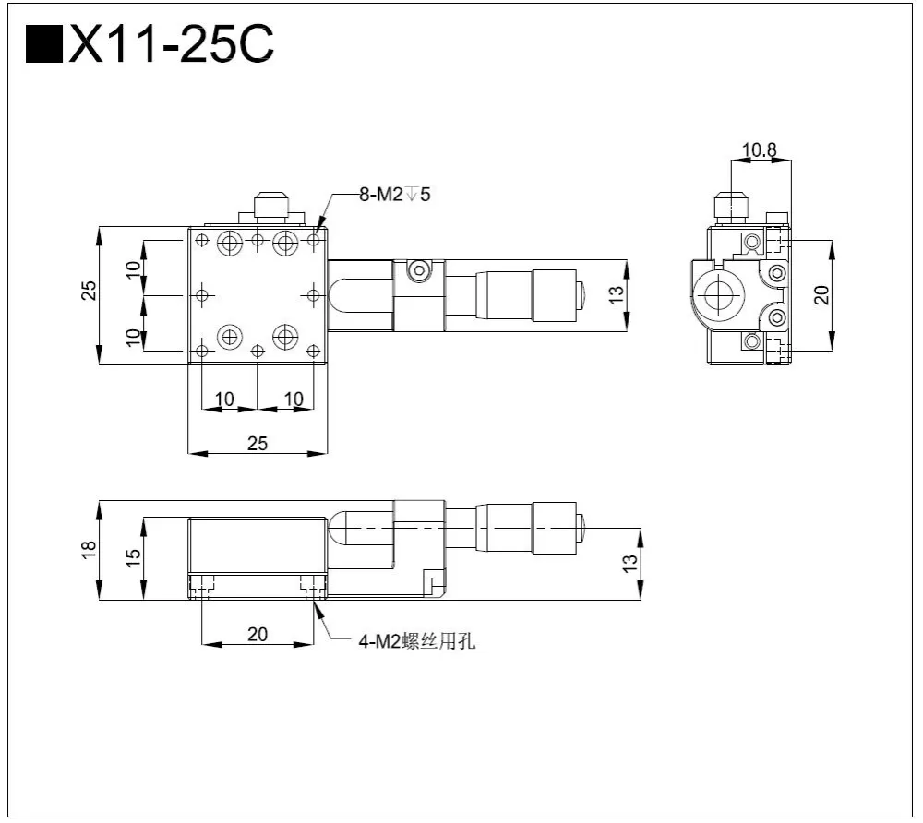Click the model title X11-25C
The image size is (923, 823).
171,44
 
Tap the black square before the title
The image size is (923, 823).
43,45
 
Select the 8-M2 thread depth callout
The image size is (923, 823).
395,195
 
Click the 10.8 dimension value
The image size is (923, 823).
760,149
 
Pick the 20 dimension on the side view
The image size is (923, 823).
821,294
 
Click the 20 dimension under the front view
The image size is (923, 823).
258,633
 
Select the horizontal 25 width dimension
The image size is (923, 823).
258,443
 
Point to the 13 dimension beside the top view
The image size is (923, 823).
617,294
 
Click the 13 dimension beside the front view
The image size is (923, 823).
630,562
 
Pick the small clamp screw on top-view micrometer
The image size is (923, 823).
420,270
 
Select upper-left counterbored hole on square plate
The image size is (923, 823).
229,244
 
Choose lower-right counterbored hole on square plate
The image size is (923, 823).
285,335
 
